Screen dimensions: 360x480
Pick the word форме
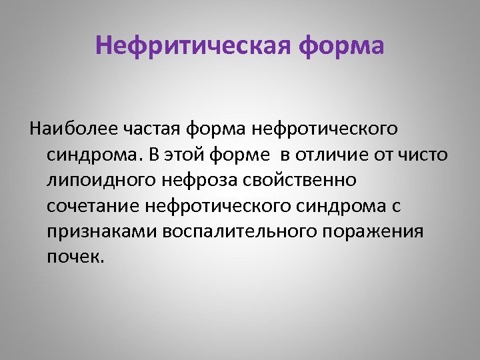234,154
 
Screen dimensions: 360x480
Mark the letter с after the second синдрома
395,206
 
